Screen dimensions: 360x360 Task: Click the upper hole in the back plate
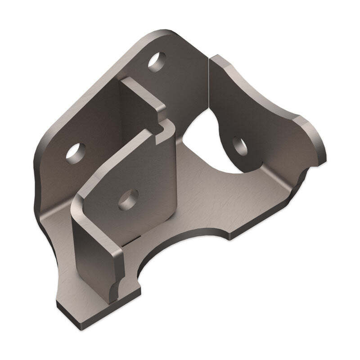(157, 63)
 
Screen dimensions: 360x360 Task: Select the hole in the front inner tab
(128, 198)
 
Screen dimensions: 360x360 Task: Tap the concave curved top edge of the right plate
(265, 94)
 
